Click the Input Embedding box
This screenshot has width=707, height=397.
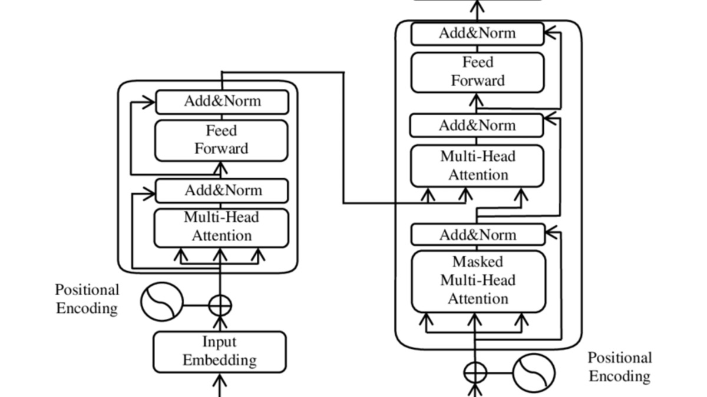click(220, 352)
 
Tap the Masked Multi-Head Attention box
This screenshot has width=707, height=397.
click(478, 281)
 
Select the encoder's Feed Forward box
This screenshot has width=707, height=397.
click(222, 140)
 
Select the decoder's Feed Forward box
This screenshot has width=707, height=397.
click(477, 72)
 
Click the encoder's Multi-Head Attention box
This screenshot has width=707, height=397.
click(222, 227)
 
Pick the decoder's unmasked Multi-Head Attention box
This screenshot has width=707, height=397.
click(477, 166)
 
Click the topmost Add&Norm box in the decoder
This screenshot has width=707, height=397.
click(477, 34)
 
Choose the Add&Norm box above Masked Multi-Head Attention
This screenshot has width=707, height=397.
click(477, 235)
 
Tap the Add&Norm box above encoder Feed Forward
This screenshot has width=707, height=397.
click(222, 101)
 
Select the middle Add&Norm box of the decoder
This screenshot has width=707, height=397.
click(476, 126)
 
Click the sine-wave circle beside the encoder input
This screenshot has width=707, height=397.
click(161, 302)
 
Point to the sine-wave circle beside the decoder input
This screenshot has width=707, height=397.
click(534, 372)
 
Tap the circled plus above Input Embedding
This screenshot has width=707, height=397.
click(220, 305)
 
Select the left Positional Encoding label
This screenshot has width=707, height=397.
click(87, 299)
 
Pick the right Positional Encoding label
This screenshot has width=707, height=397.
click(620, 367)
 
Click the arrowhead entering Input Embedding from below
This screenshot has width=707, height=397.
click(220, 383)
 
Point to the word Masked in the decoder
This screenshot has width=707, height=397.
click(478, 262)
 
